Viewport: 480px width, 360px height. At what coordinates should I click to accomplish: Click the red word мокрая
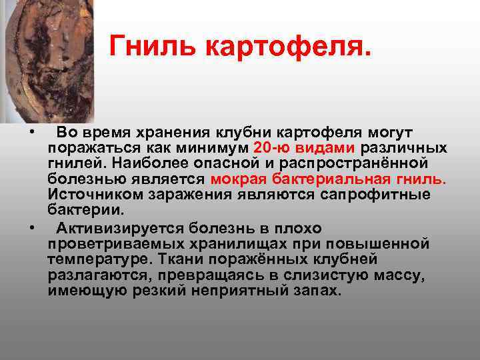click(x=239, y=179)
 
